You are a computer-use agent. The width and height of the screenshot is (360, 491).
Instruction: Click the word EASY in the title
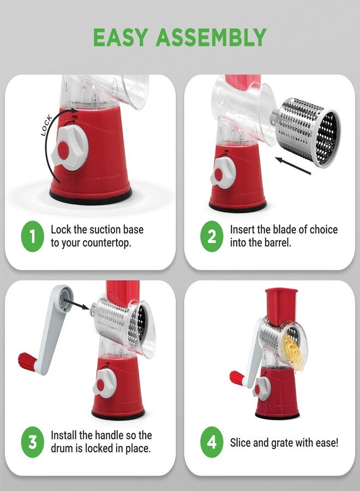tap(121, 37)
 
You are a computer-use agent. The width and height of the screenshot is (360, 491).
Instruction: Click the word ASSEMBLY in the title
tap(212, 37)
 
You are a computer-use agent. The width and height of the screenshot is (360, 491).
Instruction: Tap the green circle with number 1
tap(32, 236)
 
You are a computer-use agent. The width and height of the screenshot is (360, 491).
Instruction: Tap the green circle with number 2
tap(212, 236)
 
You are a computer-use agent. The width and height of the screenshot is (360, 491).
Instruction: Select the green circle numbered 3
tap(32, 442)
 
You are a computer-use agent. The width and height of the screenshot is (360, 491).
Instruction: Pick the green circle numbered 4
tap(212, 442)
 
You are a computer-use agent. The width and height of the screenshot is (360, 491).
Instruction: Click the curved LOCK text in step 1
tap(47, 125)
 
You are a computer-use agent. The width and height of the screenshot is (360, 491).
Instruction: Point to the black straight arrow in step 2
tap(292, 165)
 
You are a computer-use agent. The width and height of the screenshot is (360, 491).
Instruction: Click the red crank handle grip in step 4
tap(237, 376)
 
